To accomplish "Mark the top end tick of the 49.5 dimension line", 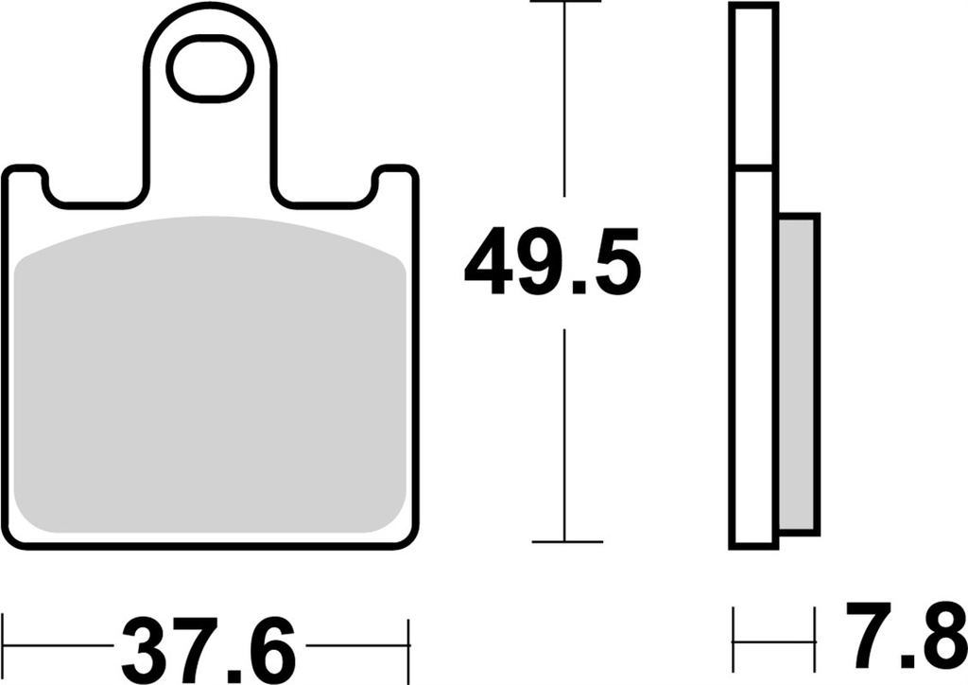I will [565, 3].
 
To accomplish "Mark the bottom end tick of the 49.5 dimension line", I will [565, 542].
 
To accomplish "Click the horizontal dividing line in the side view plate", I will [753, 168].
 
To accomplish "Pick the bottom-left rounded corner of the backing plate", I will [15, 536].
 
